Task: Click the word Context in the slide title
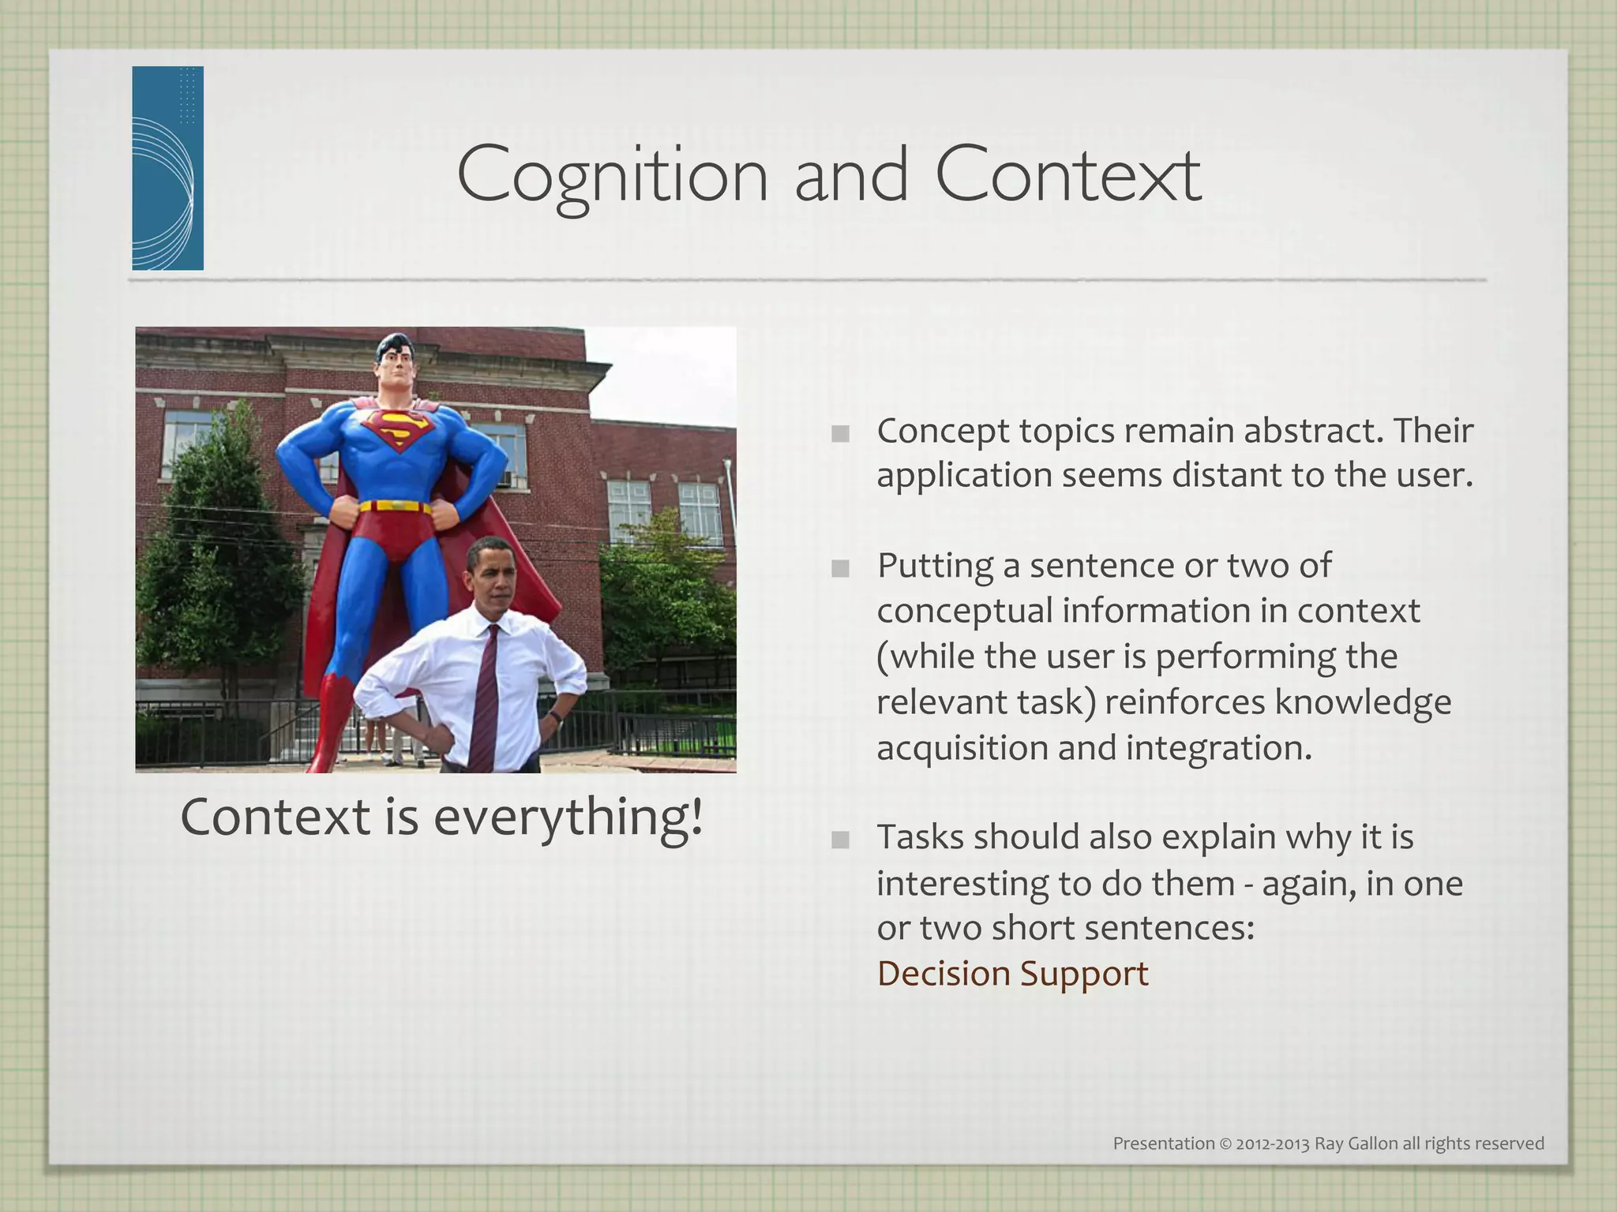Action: [x=1067, y=175]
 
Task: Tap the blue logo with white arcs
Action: [x=167, y=168]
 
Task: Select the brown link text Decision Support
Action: [x=1012, y=973]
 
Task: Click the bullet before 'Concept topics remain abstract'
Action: [x=840, y=433]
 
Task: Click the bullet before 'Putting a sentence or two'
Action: [x=840, y=568]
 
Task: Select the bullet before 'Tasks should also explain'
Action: [x=840, y=840]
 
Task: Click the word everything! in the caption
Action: [x=568, y=817]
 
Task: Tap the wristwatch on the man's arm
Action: [x=555, y=716]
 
